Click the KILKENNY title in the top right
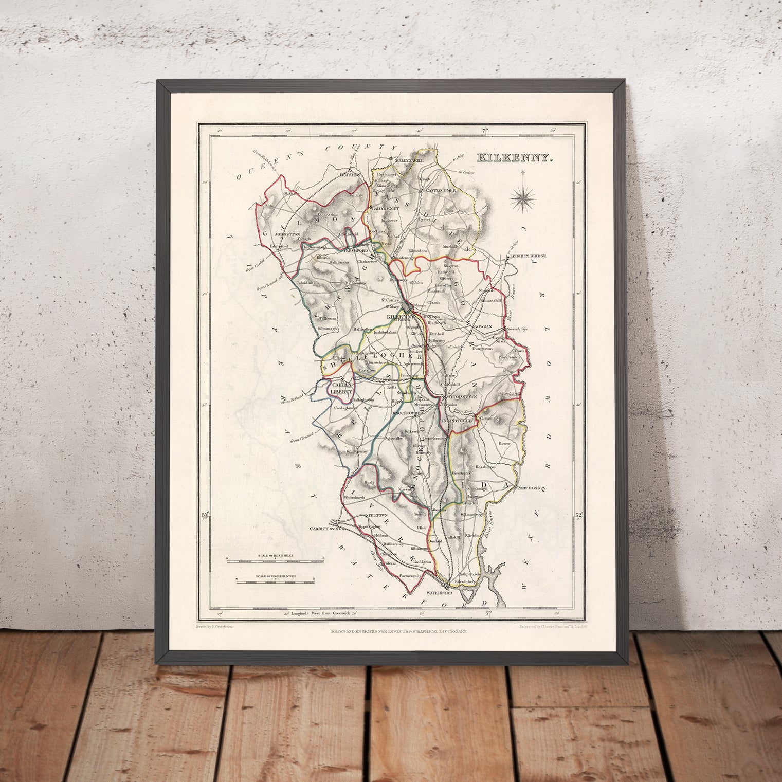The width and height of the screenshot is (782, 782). (x=514, y=158)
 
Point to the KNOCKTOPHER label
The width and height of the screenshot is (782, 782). (x=407, y=413)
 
